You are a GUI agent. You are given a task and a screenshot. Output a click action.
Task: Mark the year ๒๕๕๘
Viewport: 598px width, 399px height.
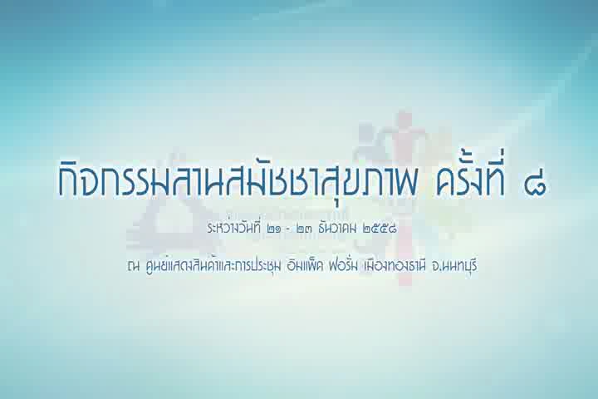pos(380,229)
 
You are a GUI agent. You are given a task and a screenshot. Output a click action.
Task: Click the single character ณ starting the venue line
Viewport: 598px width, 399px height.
pos(133,267)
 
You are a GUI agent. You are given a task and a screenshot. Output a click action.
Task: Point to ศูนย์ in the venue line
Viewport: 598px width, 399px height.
pos(155,266)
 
